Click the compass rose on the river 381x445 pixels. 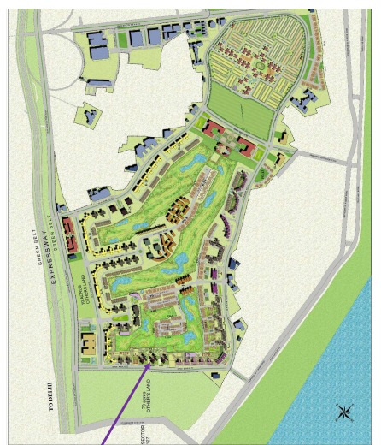point(344,412)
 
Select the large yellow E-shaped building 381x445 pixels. point(90,347)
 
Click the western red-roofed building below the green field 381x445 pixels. point(214,129)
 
